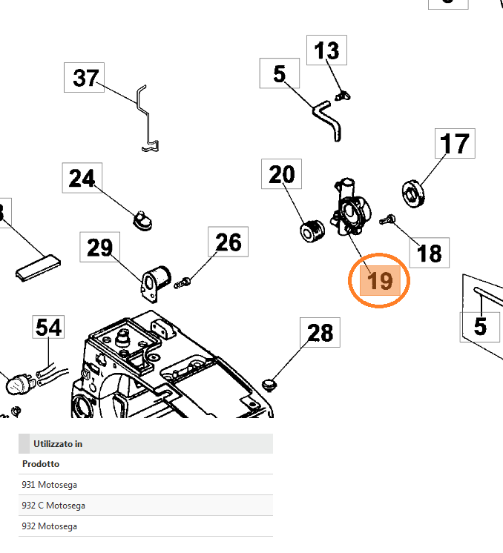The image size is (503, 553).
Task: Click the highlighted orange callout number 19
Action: (x=379, y=281)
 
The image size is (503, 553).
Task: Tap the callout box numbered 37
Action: (x=86, y=77)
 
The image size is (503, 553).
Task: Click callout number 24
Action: (x=82, y=179)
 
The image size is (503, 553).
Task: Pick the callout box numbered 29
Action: (x=99, y=247)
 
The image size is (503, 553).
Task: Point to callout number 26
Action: (x=229, y=242)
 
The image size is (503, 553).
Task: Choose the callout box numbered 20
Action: (x=281, y=175)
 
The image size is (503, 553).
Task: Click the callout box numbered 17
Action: (x=454, y=144)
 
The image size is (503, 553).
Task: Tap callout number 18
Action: (x=429, y=254)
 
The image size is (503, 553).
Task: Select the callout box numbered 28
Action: (x=320, y=333)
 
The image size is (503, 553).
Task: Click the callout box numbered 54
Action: (x=49, y=328)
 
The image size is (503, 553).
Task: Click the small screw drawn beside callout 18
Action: (x=388, y=219)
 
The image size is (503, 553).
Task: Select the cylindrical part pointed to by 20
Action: (x=312, y=231)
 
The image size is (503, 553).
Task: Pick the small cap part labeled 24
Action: (x=141, y=219)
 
